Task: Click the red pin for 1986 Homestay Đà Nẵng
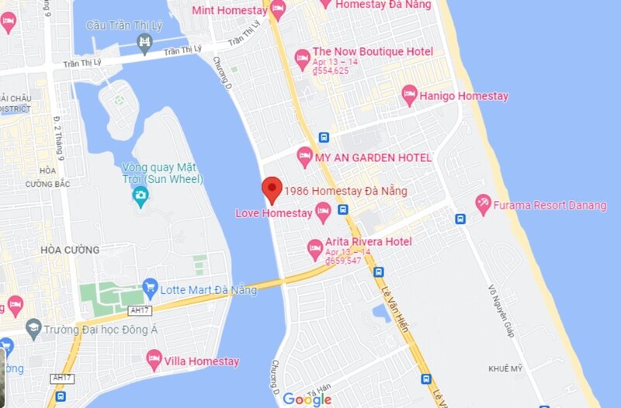[x=270, y=188]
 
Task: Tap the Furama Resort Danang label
[x=552, y=206]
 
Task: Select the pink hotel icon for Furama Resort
[x=484, y=205]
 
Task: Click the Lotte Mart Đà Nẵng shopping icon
[x=151, y=289]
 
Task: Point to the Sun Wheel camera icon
[x=141, y=194]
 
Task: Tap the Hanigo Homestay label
[x=463, y=96]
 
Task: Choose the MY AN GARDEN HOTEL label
[x=373, y=157]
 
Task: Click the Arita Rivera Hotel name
[x=369, y=242]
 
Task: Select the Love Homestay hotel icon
[x=323, y=211]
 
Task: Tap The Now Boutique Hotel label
[x=373, y=52]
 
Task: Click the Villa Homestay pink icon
[x=154, y=360]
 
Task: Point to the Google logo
[x=307, y=399]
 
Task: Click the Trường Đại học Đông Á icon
[x=33, y=328]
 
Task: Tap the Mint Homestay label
[x=229, y=9]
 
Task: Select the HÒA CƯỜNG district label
[x=70, y=250]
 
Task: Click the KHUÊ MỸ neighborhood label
[x=508, y=368]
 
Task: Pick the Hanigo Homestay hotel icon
[x=409, y=95]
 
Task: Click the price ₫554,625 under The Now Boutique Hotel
[x=331, y=71]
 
